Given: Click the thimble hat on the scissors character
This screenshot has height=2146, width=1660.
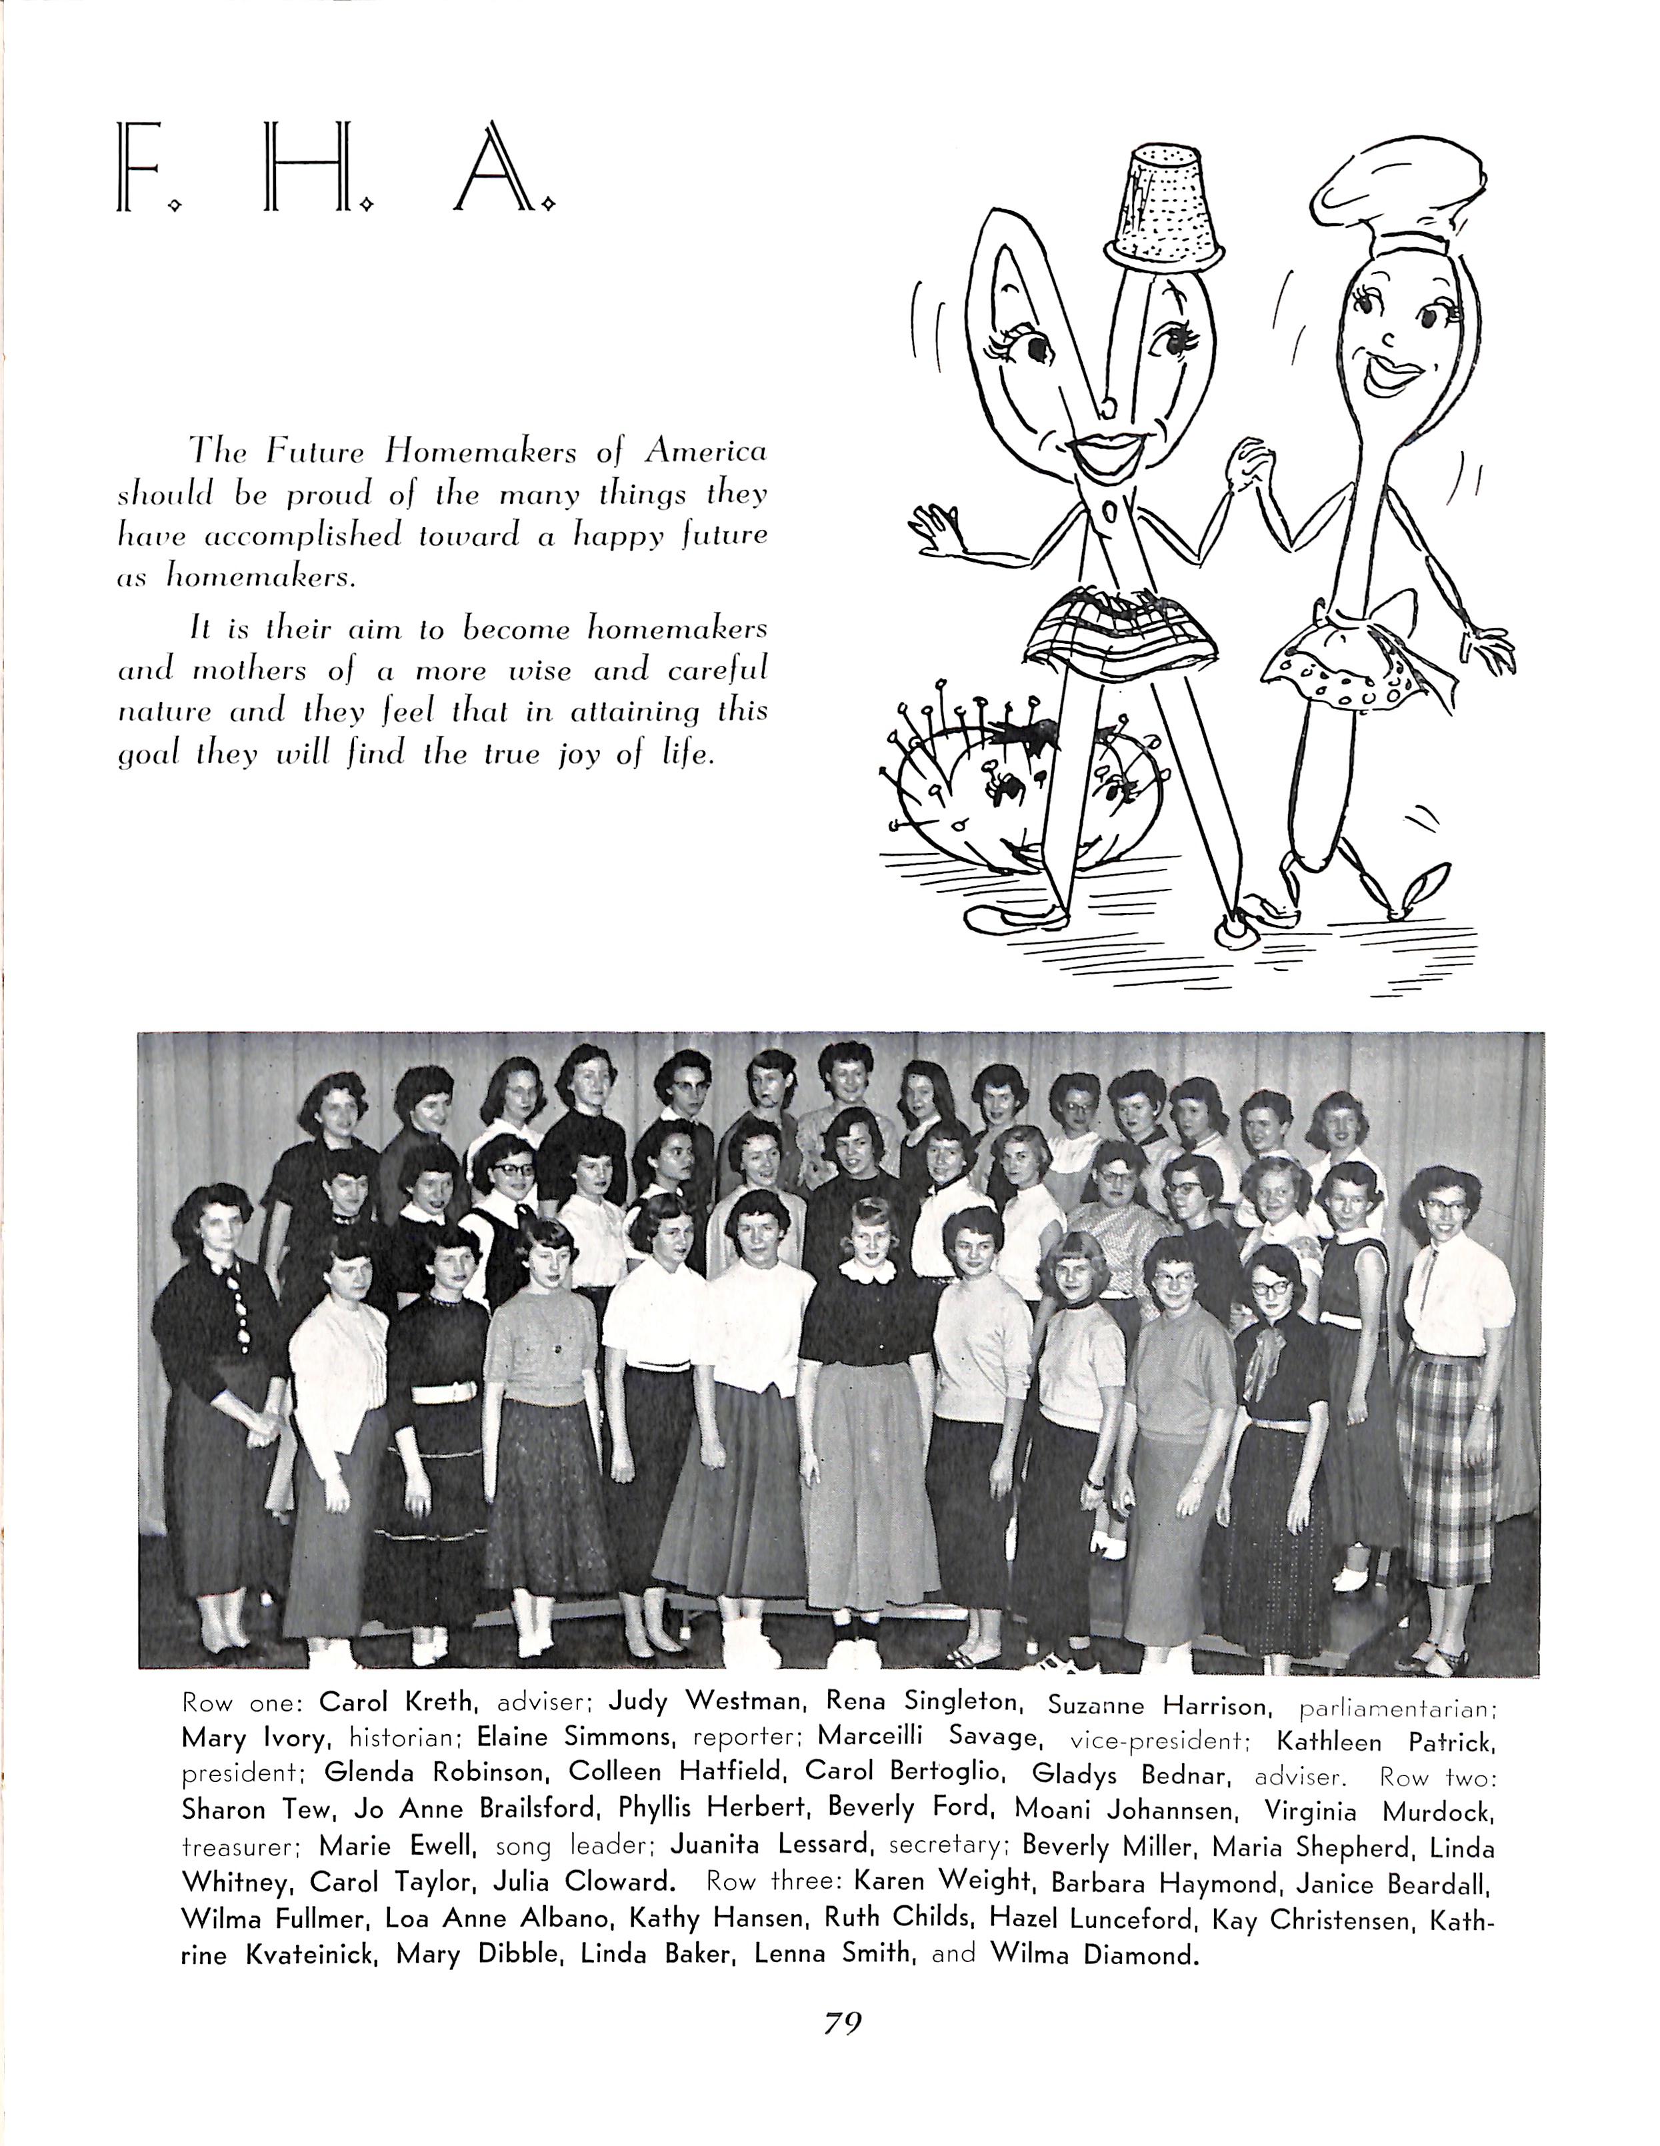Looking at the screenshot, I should (1165, 207).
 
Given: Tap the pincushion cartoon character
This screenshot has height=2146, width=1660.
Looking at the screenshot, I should (973, 786).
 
